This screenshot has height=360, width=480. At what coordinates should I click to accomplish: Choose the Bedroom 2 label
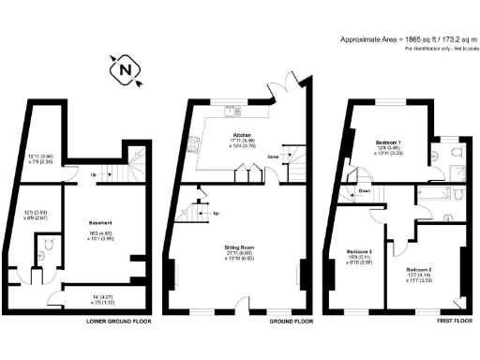420,270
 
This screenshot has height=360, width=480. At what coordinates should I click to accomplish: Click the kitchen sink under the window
228,110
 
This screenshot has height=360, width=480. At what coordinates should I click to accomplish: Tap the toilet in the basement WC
43,246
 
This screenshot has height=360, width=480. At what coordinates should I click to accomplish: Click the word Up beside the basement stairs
92,175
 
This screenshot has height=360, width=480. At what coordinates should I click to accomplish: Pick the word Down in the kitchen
273,156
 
